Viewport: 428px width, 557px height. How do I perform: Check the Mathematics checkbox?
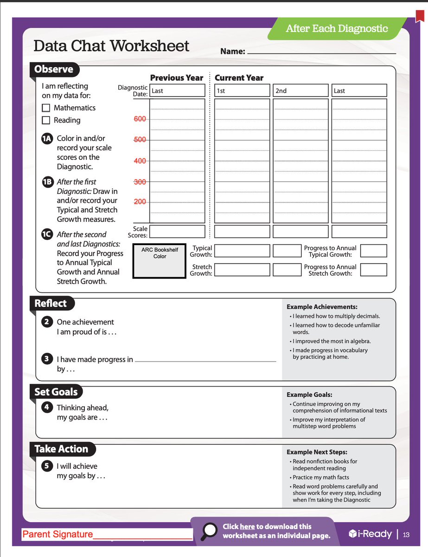[46, 108]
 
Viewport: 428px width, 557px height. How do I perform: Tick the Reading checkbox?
[46, 120]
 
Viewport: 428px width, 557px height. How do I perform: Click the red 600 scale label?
[140, 119]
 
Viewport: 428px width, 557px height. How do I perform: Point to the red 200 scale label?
[140, 202]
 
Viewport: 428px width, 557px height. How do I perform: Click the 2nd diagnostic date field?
[300, 91]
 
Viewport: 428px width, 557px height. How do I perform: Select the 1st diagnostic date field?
[242, 91]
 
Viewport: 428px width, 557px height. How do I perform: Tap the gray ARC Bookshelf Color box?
[160, 261]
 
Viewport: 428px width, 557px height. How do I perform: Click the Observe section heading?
[54, 70]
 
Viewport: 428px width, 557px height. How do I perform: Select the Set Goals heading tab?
[56, 392]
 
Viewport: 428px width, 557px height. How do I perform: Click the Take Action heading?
[61, 449]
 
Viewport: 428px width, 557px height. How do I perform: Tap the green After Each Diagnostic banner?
[337, 29]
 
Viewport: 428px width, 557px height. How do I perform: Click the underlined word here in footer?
[247, 526]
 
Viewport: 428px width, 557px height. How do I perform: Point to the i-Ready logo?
[371, 534]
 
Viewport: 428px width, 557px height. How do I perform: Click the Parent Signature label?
[57, 534]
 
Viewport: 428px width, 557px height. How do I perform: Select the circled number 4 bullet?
[47, 408]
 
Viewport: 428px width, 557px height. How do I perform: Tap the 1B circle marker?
[47, 182]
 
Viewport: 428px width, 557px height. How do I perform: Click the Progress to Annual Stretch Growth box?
[373, 270]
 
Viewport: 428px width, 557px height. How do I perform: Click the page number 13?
[406, 535]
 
